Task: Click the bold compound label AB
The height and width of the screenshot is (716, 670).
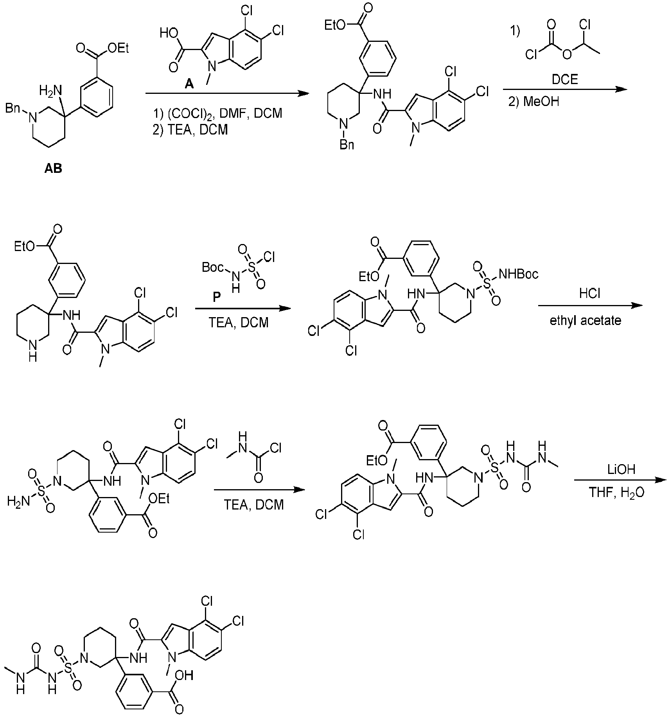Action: [53, 169]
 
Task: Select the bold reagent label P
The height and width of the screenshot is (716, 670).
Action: [216, 297]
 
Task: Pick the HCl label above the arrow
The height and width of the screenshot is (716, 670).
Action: [590, 293]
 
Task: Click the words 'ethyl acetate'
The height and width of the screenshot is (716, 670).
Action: [586, 321]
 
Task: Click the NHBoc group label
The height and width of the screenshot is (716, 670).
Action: [519, 274]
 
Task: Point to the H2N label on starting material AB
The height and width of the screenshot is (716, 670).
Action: [51, 92]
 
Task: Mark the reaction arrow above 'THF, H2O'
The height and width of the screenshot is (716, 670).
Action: [621, 481]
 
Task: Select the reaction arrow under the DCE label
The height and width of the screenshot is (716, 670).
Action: [565, 89]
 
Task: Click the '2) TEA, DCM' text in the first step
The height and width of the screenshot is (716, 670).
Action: [190, 129]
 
